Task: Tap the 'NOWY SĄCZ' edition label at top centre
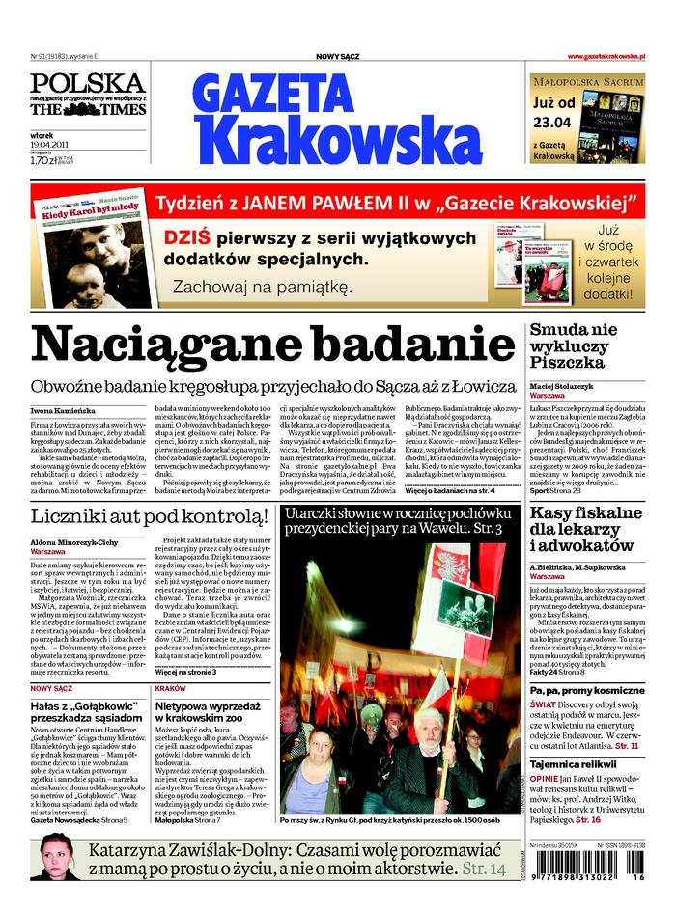[x=338, y=57]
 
